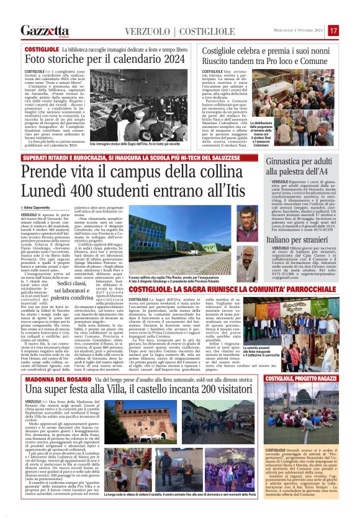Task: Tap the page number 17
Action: [333, 30]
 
